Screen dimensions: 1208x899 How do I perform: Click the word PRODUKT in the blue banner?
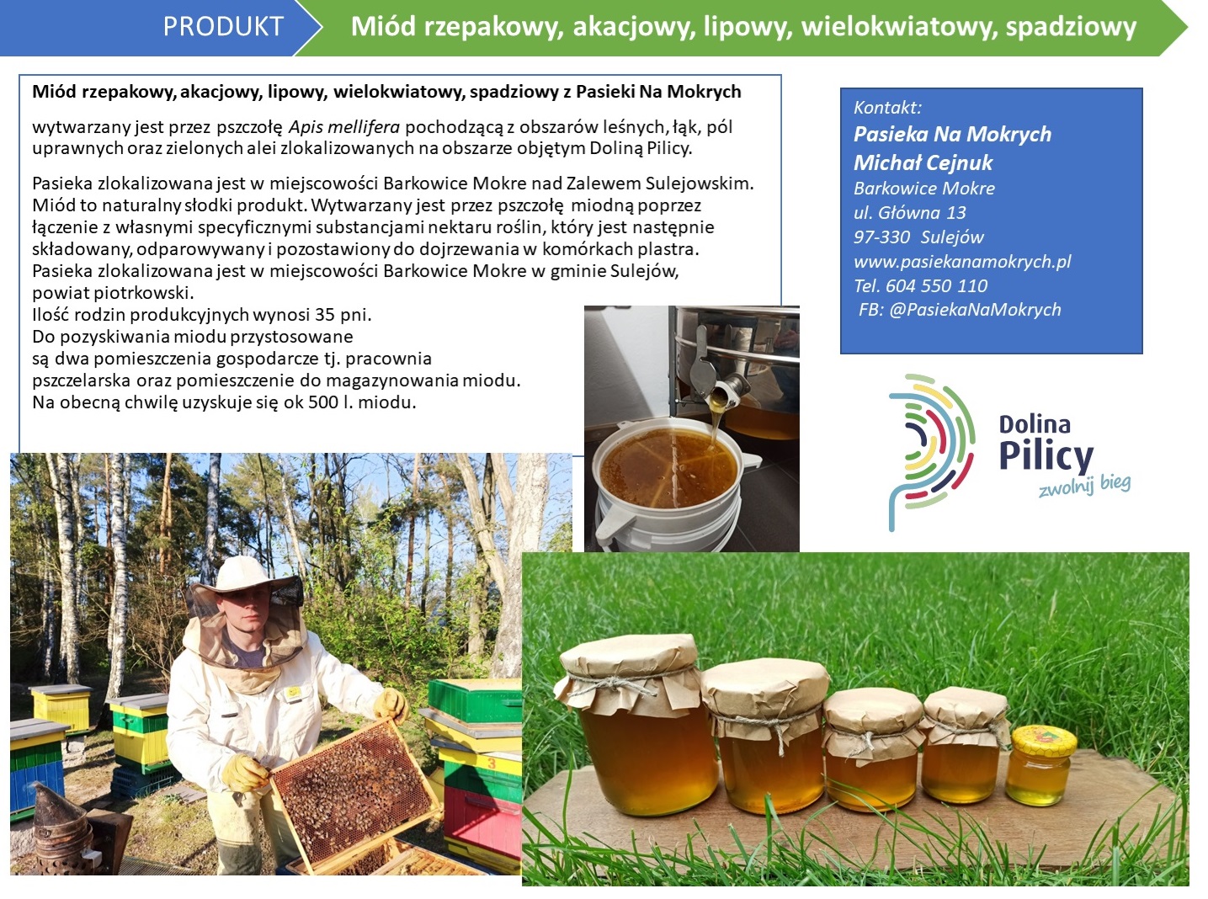click(x=223, y=26)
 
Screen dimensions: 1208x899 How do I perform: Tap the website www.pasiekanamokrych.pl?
click(x=962, y=262)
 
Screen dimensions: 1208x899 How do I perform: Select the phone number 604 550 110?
click(x=936, y=285)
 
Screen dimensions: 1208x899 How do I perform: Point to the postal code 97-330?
click(x=881, y=237)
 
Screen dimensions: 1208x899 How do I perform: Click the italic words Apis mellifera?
click(x=343, y=127)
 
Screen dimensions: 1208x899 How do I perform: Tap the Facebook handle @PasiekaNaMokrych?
click(x=975, y=310)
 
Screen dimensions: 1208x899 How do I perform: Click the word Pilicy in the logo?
click(x=1046, y=457)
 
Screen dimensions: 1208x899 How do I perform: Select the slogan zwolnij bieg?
click(x=1083, y=486)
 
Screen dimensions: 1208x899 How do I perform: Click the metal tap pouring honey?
click(x=714, y=377)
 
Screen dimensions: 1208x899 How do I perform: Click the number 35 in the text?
click(x=324, y=315)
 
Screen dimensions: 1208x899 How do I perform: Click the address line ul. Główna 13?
click(x=909, y=212)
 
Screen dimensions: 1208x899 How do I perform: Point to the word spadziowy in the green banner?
click(x=1071, y=27)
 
